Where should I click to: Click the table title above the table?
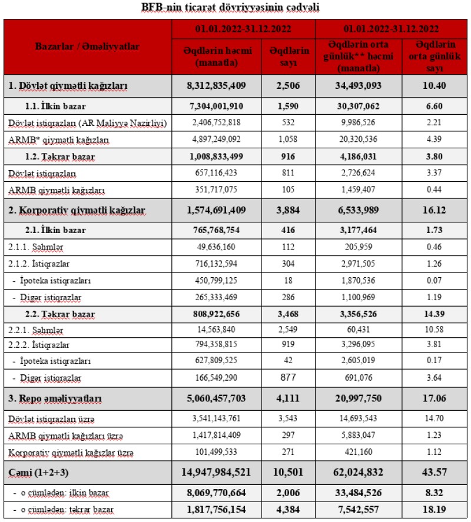coord(235,8)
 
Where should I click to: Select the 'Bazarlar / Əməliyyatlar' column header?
coord(88,47)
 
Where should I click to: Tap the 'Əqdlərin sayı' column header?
coord(289,56)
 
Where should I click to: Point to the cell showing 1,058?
coord(289,141)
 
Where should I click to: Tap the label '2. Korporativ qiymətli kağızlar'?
coord(77,210)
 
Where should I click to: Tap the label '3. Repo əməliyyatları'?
coord(55,399)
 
